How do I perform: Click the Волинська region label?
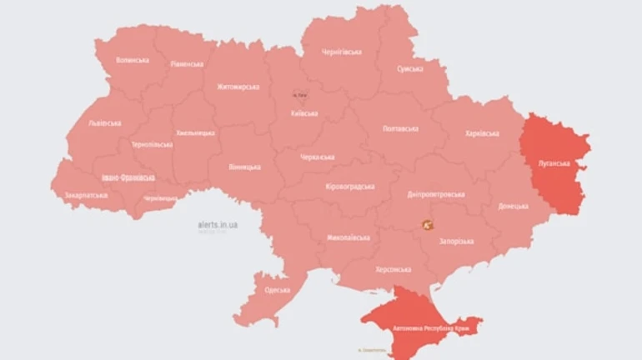pos(133,60)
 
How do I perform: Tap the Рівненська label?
pos(187,63)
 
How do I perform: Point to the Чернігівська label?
pos(341,52)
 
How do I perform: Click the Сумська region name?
pos(409,68)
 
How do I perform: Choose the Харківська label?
pos(482,133)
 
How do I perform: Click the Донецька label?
pos(511,206)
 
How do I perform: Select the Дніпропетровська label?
pos(436,194)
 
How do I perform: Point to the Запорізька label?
pos(456,241)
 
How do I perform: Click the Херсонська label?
pos(393,269)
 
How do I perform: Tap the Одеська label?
pos(277,290)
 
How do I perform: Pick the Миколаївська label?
pos(348,237)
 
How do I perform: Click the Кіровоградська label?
pos(350,187)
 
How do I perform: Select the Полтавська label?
pos(400,129)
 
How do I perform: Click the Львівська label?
pos(104,123)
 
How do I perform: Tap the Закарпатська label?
pos(86,196)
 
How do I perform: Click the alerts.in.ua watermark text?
pos(218,224)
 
